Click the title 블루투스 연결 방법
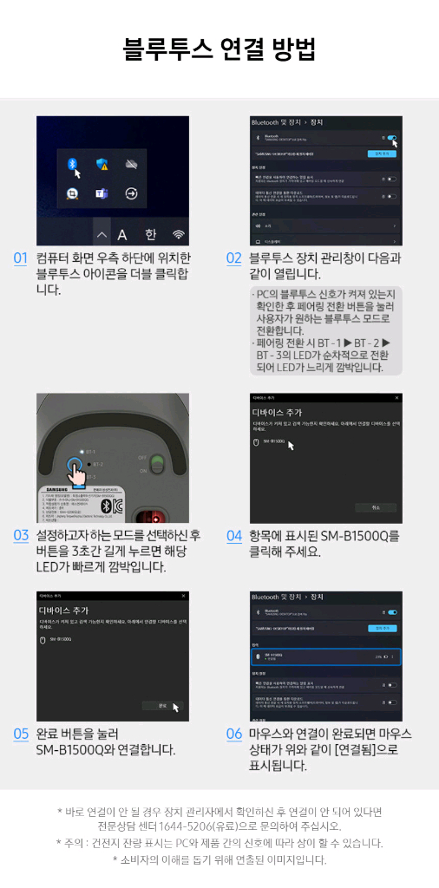[x=219, y=49]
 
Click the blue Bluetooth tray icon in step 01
[x=74, y=164]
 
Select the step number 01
[x=21, y=258]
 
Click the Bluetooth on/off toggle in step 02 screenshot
[x=393, y=137]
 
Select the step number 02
[x=233, y=258]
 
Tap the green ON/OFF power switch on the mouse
[x=156, y=463]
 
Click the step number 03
[x=21, y=535]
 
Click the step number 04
[x=233, y=535]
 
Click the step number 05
[x=21, y=734]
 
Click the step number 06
[x=233, y=734]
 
